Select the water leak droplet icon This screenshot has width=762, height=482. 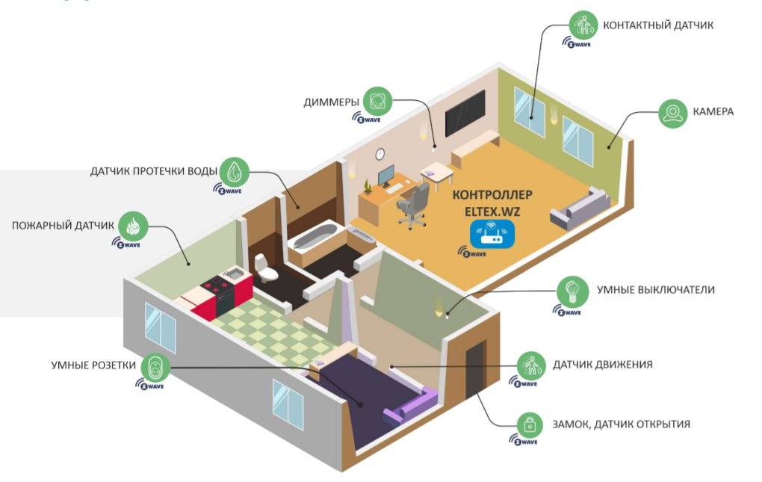[235, 171]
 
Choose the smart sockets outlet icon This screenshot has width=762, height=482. [155, 367]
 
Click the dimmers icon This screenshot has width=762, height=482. [378, 102]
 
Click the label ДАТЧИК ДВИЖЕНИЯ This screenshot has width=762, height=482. [603, 365]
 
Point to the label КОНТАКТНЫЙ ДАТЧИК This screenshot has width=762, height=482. [658, 25]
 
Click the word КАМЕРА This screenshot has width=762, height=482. [713, 112]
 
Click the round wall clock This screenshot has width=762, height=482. [380, 153]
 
